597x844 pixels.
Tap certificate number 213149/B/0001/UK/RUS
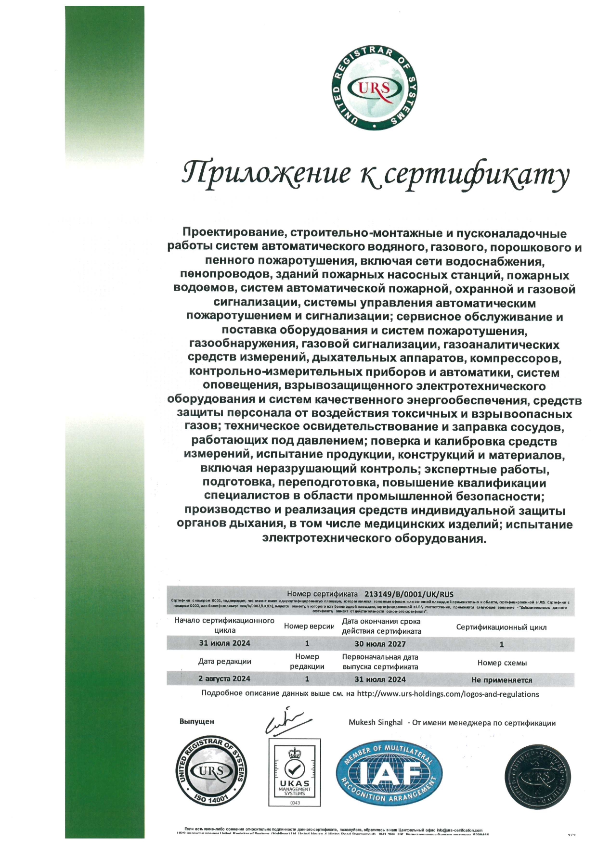[x=409, y=594]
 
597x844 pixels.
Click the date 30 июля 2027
[x=380, y=644]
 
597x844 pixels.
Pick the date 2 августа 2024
[x=224, y=678]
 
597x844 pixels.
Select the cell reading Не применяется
[x=502, y=680]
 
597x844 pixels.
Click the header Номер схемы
[x=502, y=663]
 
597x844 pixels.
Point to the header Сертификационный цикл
[x=501, y=627]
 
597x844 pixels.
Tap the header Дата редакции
[x=224, y=661]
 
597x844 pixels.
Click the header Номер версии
[x=309, y=626]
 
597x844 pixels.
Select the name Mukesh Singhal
[x=376, y=722]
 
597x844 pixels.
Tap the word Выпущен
[x=196, y=721]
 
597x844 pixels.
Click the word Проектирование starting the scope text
[x=233, y=234]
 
